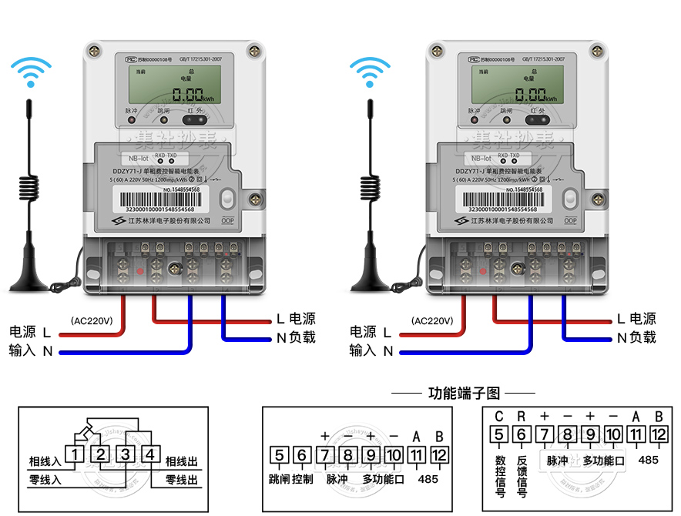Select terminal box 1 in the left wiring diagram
point(74,454)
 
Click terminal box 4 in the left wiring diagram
point(150,454)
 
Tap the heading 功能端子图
point(464,394)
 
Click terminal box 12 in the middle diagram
point(439,454)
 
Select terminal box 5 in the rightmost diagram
point(498,435)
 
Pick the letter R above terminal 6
point(522,417)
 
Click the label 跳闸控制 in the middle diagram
point(291,479)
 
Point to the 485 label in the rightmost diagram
point(649,460)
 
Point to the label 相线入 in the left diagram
point(45,461)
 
